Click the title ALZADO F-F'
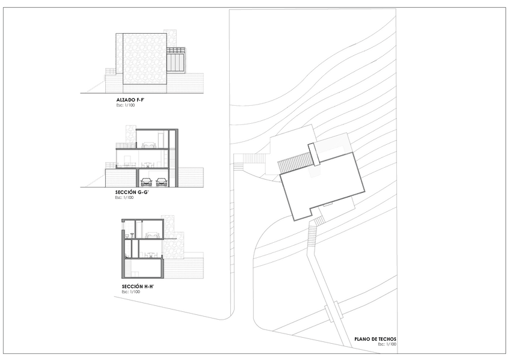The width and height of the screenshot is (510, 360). click(x=130, y=100)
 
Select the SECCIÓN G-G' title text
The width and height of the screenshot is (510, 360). click(x=132, y=192)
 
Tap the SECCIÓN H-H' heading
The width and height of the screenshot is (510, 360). click(x=138, y=287)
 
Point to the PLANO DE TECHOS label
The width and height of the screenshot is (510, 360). click(x=375, y=339)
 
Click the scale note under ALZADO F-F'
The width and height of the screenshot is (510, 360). click(x=126, y=105)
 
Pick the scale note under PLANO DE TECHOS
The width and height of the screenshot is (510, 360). click(x=387, y=344)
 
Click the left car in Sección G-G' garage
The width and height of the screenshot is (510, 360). click(x=146, y=182)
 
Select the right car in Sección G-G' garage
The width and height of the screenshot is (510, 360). click(x=162, y=182)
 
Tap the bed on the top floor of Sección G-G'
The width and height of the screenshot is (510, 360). click(x=149, y=145)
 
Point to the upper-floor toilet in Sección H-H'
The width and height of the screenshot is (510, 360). click(x=127, y=235)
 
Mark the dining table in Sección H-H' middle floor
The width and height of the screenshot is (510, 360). click(x=151, y=255)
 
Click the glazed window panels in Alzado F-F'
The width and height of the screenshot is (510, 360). click(x=176, y=62)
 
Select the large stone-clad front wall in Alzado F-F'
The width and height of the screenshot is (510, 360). click(x=145, y=58)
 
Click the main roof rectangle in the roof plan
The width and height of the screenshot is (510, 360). click(x=322, y=186)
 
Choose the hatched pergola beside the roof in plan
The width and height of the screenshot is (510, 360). click(x=295, y=162)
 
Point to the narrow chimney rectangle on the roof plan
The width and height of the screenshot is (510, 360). click(x=315, y=154)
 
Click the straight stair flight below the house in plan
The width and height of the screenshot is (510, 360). click(x=312, y=235)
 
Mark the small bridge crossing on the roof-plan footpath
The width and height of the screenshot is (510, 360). click(x=333, y=311)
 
